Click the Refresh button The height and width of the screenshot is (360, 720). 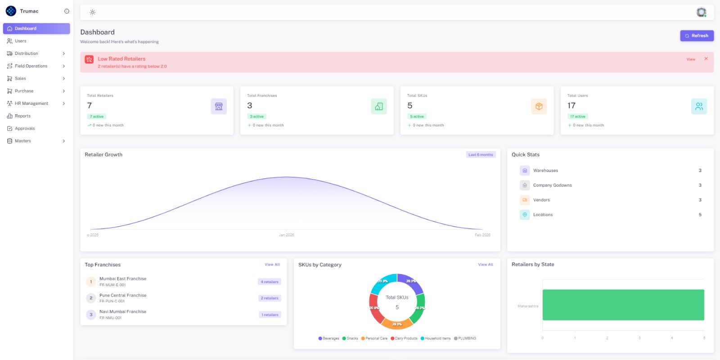pos(697,36)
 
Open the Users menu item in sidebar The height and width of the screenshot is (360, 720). pos(21,41)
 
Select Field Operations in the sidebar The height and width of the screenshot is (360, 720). pos(31,66)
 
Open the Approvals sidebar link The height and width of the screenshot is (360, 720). pos(25,129)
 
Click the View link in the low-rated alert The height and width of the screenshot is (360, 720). pos(691,59)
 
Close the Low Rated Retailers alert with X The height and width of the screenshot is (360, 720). pos(706,59)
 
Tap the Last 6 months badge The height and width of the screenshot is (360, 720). pos(481,155)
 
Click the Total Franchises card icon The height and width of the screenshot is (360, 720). pos(379,107)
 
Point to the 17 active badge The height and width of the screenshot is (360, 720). pos(578,117)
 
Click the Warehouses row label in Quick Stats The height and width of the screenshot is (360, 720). pos(545,171)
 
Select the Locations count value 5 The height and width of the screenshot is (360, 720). pos(700,215)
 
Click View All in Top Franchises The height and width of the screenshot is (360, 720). pos(272,265)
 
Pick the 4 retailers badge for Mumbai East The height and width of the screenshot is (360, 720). pos(270,282)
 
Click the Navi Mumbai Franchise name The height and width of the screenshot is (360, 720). pos(123,312)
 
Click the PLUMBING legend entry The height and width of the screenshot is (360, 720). pos(467,338)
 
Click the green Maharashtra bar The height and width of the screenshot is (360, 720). pos(623,305)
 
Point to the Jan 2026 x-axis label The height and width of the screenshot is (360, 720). pos(286,235)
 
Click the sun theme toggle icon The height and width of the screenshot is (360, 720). pos(92,13)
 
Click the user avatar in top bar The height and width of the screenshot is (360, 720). pos(701,12)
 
